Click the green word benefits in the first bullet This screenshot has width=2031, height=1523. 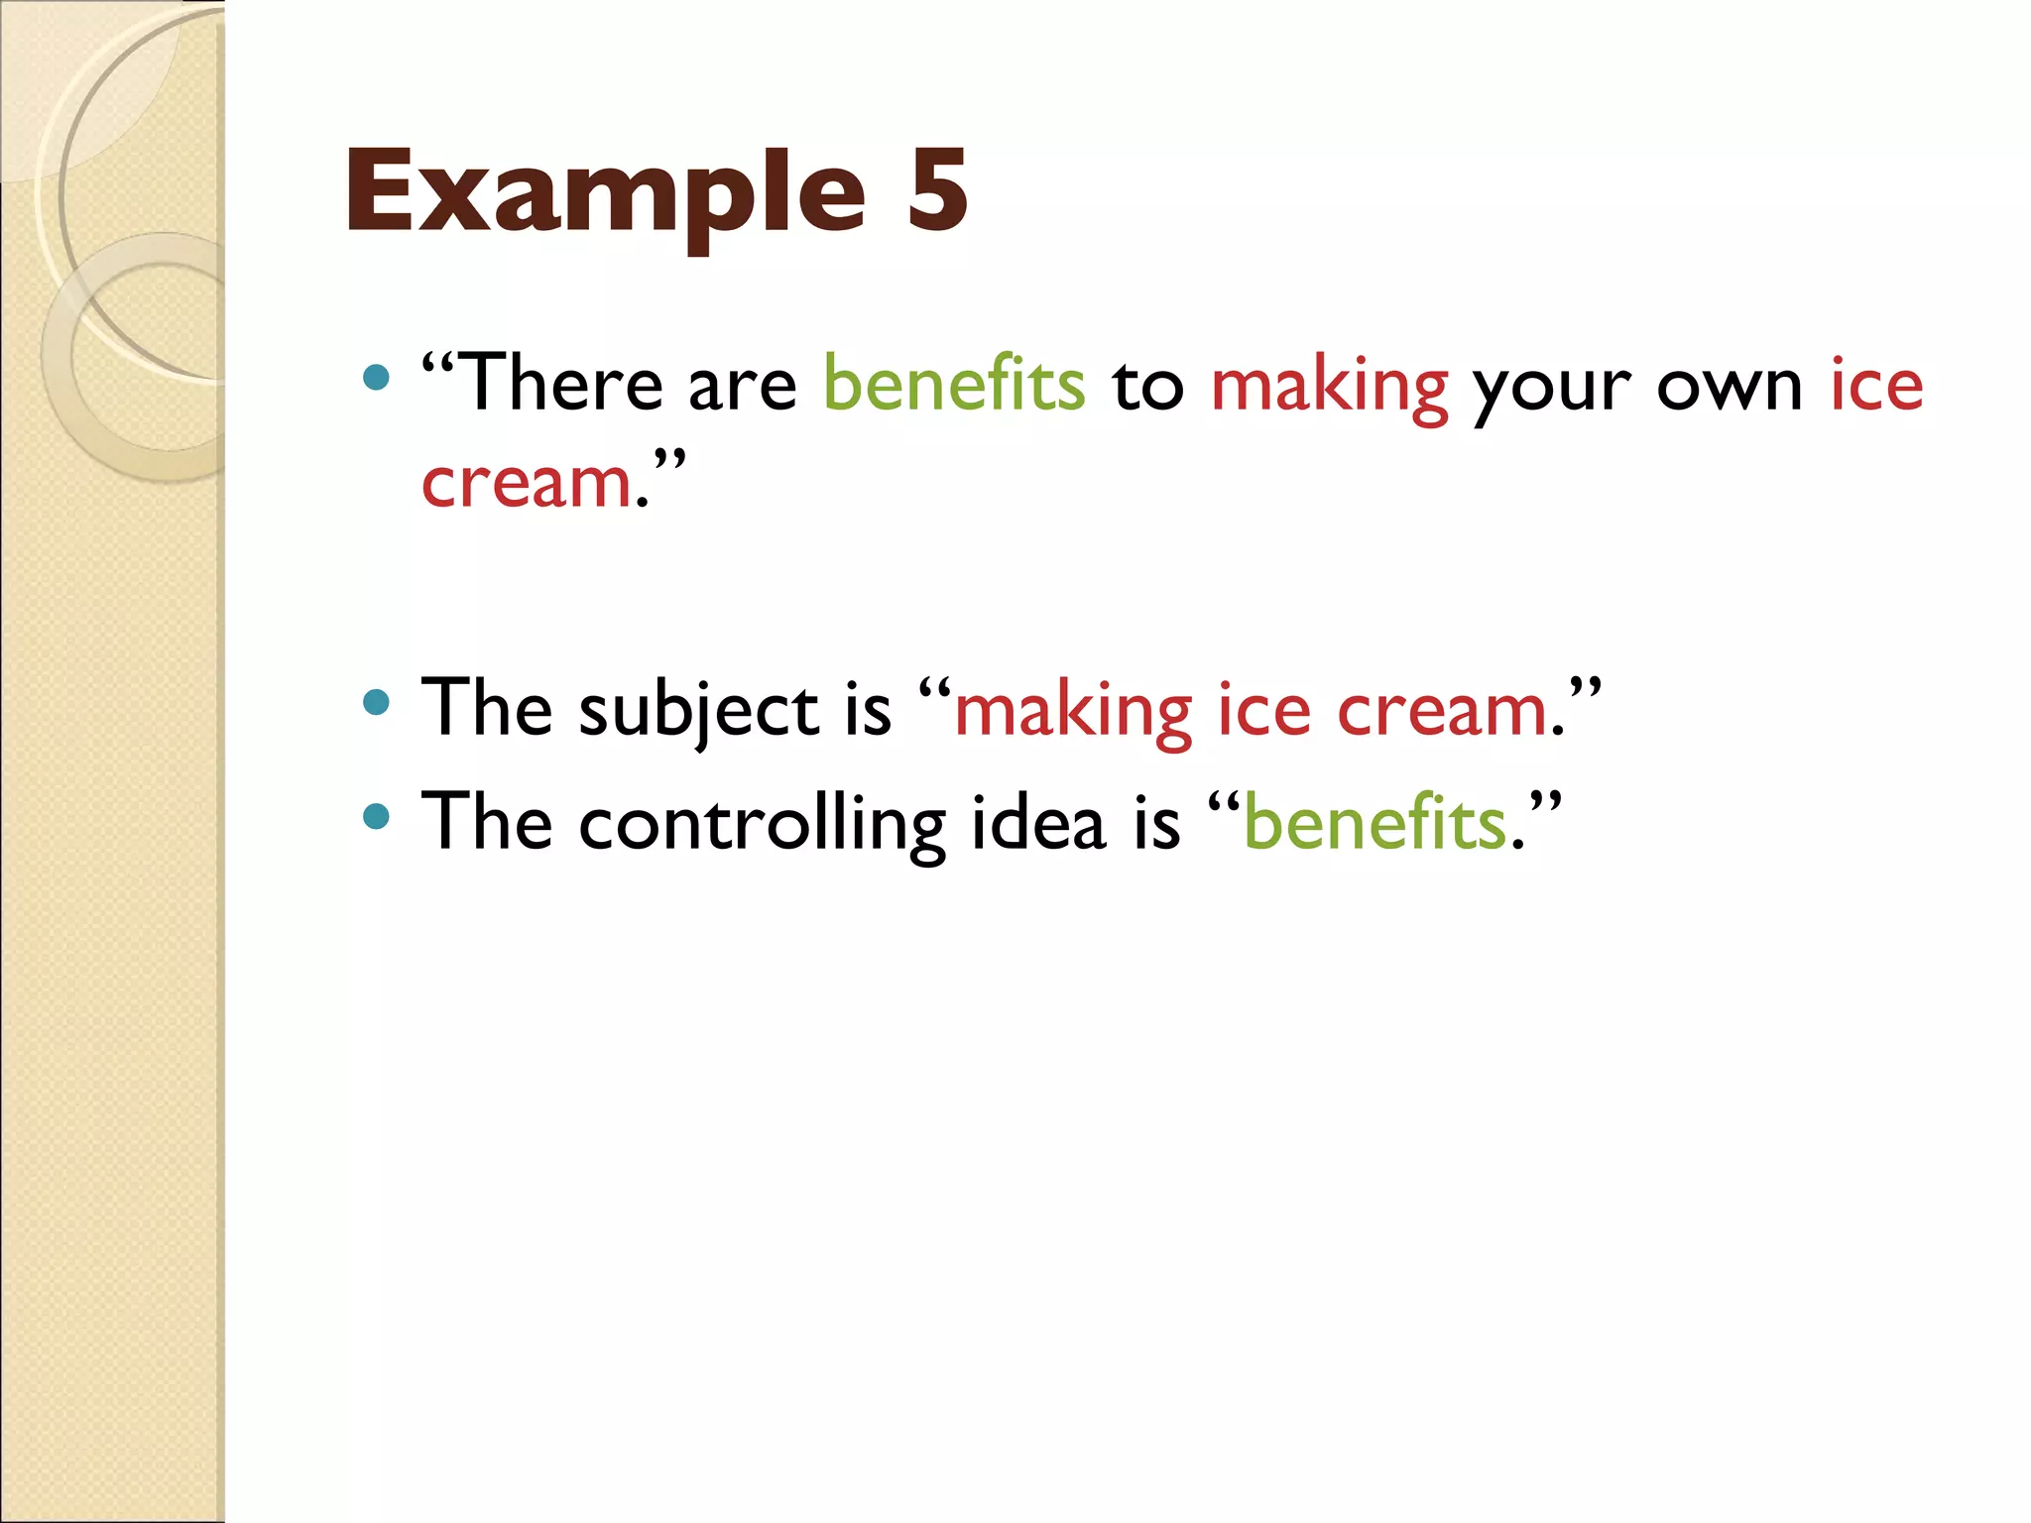click(954, 384)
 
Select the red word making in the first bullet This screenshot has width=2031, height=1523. click(1329, 387)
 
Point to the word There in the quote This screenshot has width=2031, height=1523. click(563, 384)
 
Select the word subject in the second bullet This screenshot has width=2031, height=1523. click(699, 711)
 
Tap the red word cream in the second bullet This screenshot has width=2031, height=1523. click(1442, 711)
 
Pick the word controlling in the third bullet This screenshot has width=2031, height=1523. click(763, 824)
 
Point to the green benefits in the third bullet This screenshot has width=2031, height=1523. click(1374, 822)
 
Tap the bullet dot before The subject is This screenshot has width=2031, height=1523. click(376, 703)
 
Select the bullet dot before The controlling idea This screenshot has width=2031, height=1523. click(376, 816)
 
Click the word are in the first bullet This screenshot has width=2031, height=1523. click(742, 387)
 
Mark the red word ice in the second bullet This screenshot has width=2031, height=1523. click(1263, 711)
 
